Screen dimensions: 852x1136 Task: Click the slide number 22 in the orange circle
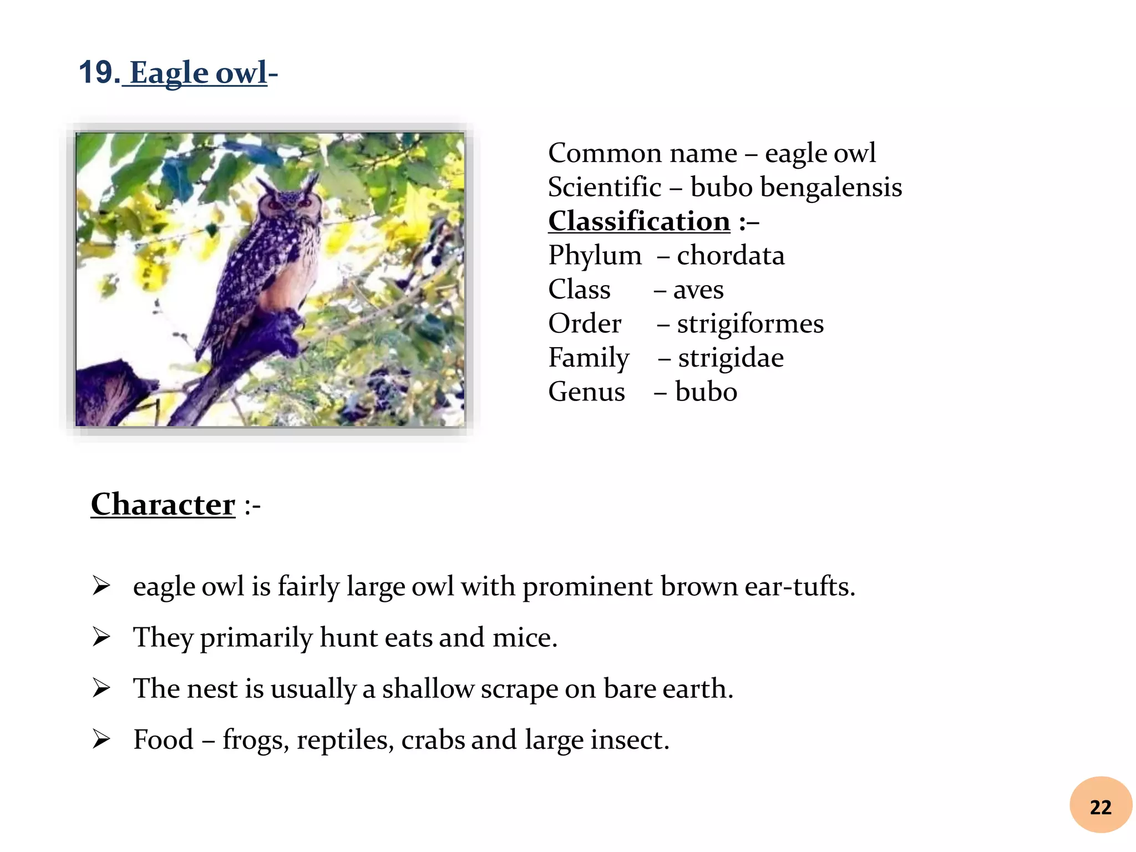(x=1100, y=807)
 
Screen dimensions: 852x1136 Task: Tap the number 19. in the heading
(x=99, y=73)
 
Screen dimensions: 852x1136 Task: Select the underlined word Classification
(x=639, y=221)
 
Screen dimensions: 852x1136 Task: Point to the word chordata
(x=731, y=256)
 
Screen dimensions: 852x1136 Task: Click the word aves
(x=698, y=290)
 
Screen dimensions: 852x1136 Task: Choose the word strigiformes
(x=750, y=324)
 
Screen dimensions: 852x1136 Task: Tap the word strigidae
(x=731, y=358)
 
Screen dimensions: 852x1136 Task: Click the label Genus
(x=586, y=392)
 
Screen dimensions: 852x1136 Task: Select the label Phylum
(x=595, y=256)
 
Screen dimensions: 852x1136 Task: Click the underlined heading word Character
(x=163, y=505)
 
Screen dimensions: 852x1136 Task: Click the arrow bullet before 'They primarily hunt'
(x=102, y=637)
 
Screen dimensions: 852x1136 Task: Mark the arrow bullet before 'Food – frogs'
(x=102, y=739)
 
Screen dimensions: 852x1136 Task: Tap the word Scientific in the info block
(x=605, y=187)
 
